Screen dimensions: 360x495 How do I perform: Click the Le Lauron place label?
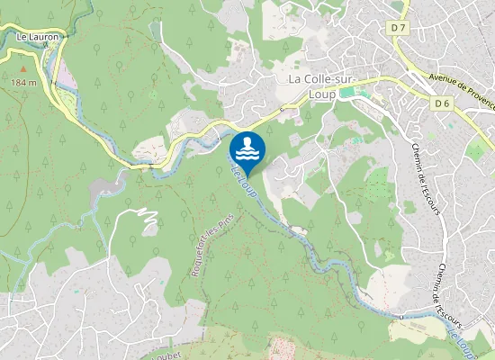38,37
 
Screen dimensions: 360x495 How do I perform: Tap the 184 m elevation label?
24,82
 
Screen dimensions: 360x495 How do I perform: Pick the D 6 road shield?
441,103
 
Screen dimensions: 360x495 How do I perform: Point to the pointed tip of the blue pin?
247,172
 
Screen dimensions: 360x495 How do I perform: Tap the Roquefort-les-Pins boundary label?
208,251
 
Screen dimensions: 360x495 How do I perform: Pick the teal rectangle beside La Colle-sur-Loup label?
348,92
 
